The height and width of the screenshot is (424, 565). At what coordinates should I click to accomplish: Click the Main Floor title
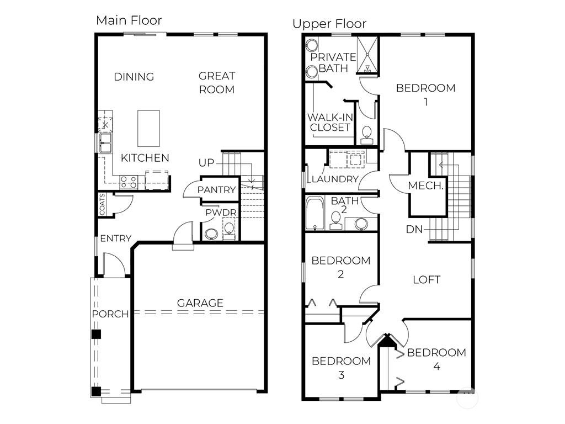129,20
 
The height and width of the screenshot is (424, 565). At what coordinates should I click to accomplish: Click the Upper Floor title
329,24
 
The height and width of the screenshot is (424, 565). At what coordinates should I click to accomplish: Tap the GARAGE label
200,303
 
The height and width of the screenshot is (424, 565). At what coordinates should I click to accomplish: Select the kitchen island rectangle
148,128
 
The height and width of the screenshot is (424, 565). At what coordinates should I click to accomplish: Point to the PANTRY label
217,190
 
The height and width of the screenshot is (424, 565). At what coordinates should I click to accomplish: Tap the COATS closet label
103,204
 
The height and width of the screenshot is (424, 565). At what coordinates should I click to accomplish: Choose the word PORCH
110,314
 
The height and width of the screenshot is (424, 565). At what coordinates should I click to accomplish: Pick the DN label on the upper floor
415,229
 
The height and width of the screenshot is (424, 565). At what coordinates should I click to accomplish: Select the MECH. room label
426,186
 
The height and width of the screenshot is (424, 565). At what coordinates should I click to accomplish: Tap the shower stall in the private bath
366,55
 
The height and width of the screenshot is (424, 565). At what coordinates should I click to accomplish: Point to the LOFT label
427,280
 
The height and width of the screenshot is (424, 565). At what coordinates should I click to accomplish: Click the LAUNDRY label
335,179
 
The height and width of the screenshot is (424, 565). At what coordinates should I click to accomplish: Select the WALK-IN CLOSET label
330,122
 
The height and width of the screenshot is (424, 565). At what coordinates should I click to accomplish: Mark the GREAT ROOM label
217,82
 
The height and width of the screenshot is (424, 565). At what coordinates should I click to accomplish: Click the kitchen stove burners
129,182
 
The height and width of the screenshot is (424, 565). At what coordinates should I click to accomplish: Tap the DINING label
134,77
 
